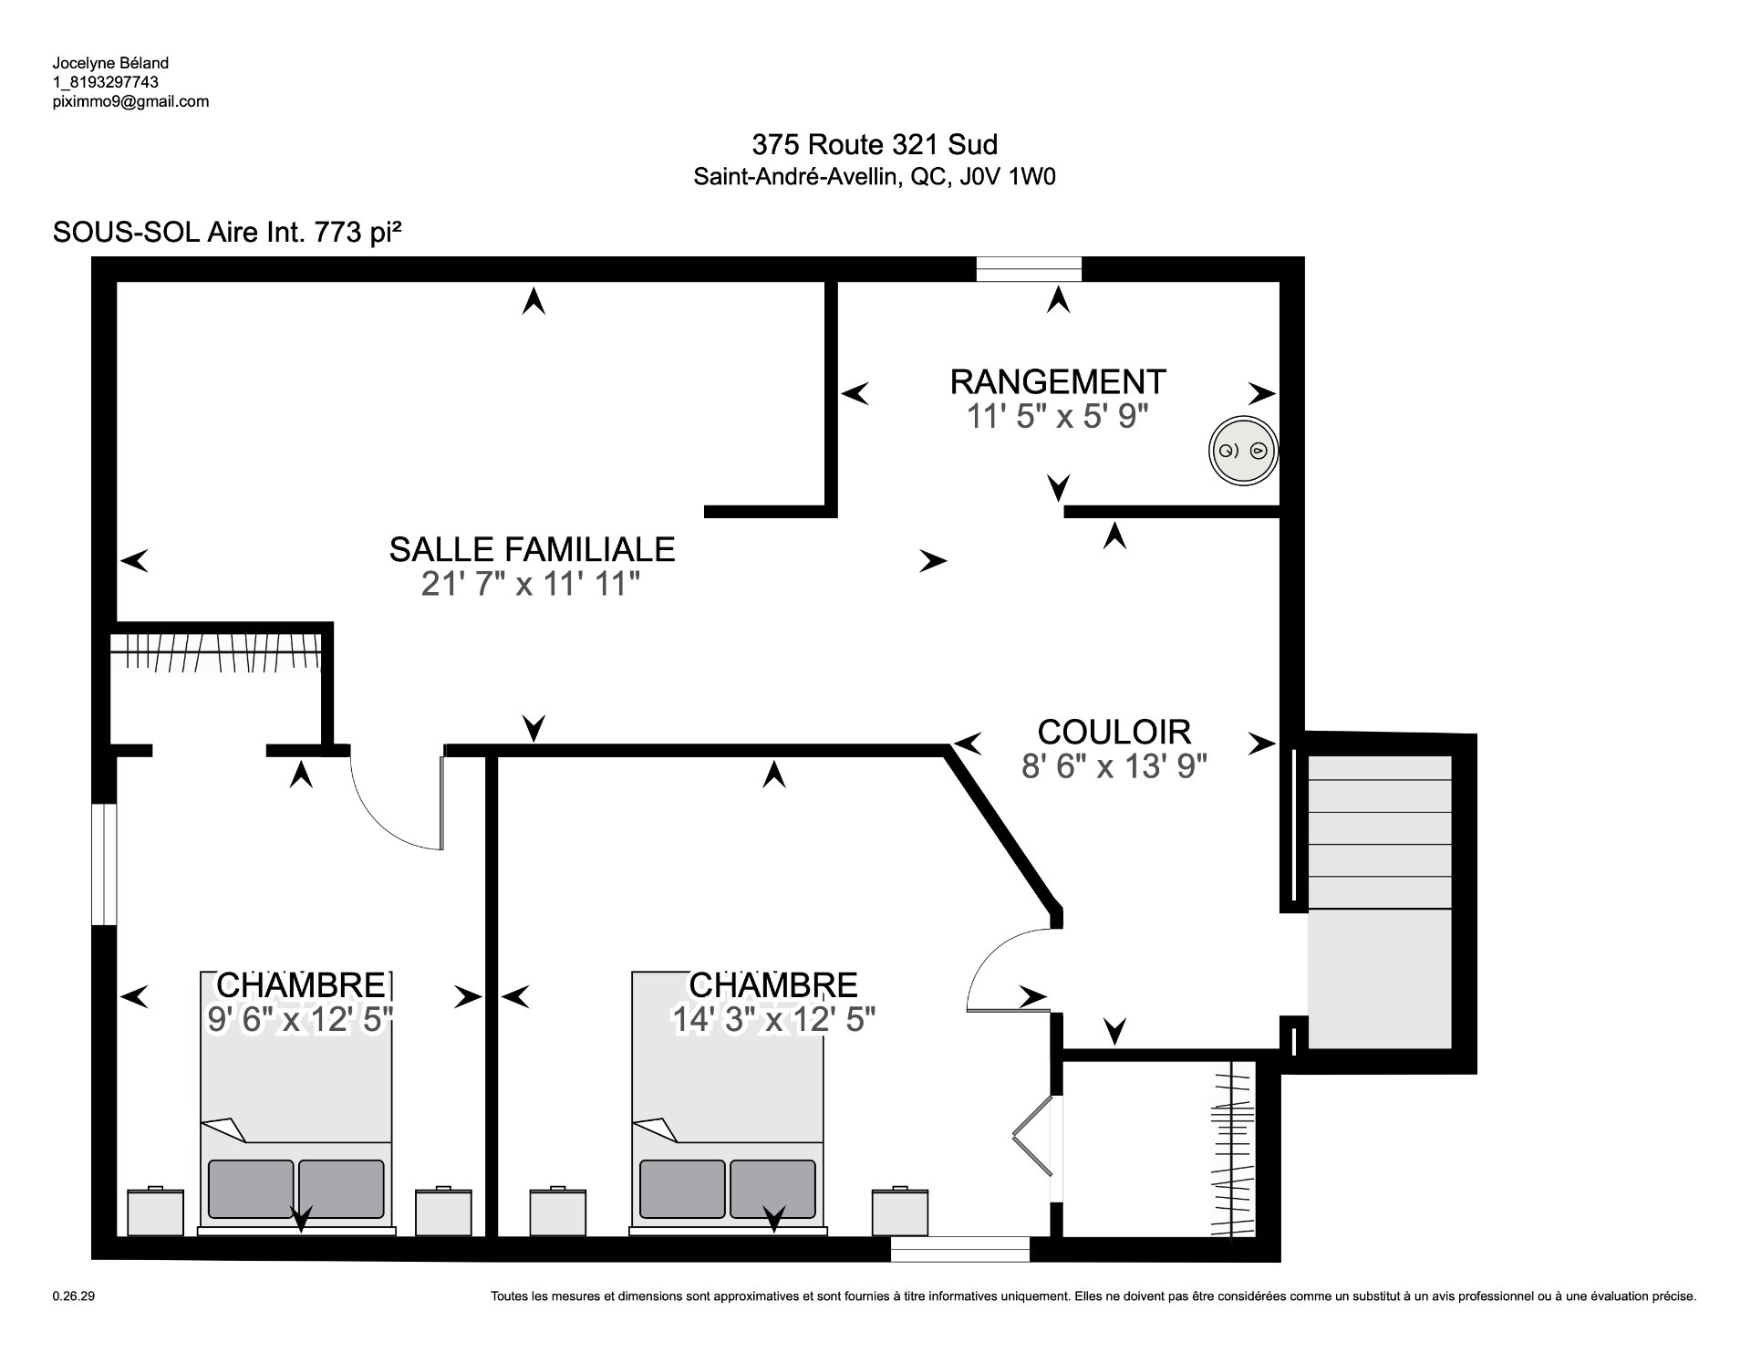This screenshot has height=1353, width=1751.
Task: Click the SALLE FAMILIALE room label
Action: tap(532, 549)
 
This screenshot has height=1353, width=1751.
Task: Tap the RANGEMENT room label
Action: tap(1058, 381)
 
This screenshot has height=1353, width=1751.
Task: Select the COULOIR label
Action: tap(1114, 732)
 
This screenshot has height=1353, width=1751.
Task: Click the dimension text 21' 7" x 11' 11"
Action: tap(531, 584)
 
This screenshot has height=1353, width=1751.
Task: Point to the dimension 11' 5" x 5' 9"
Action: tap(1057, 417)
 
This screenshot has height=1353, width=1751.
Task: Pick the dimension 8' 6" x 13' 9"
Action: tap(1114, 767)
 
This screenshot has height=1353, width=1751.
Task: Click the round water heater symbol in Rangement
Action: tap(1243, 451)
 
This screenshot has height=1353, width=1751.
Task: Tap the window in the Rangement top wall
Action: tap(1029, 269)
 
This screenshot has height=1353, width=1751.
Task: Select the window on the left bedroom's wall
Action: tap(104, 864)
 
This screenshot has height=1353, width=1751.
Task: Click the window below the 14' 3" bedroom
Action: tap(960, 1249)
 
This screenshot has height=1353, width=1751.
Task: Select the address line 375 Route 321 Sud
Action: tap(875, 144)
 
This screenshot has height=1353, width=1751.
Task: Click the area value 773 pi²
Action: tap(358, 233)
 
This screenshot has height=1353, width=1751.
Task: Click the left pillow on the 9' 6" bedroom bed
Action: tap(251, 1189)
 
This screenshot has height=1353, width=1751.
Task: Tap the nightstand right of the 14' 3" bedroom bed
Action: tap(900, 1210)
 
